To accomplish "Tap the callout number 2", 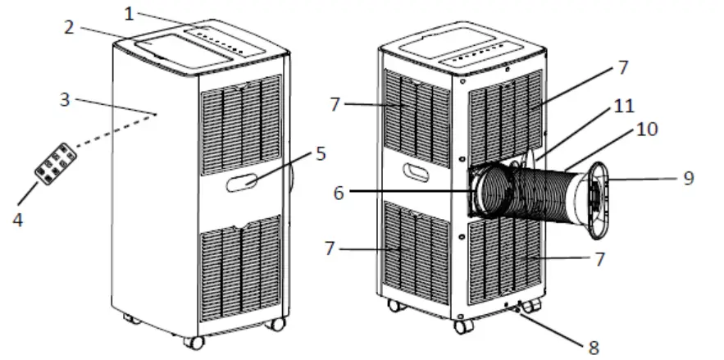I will click(71, 28).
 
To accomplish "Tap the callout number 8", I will click(594, 348).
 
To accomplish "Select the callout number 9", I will click(687, 176).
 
